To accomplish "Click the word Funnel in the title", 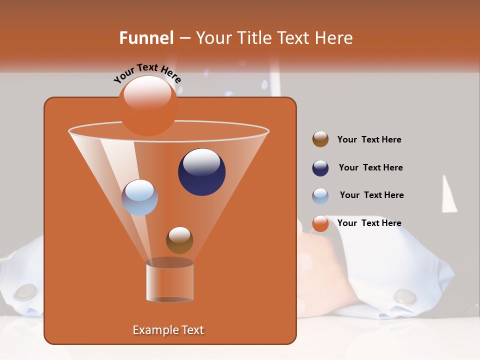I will click(x=146, y=38).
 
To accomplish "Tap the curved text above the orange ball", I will click(x=147, y=72).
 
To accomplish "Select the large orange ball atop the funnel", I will click(x=147, y=105).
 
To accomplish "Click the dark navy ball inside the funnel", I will click(x=201, y=171).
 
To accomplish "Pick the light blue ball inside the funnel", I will click(x=139, y=197).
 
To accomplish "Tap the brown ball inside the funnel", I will click(x=179, y=240).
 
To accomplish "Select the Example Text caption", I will click(x=168, y=330).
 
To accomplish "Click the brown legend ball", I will click(x=320, y=139).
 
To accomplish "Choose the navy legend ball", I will click(x=320, y=168).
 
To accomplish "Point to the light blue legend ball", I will click(x=320, y=196).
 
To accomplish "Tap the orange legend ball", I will click(x=320, y=223).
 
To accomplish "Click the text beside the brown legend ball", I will click(x=369, y=139).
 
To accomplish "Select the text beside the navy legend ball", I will click(x=370, y=167).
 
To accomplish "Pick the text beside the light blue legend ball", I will click(x=371, y=195).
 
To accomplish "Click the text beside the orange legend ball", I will click(x=369, y=223).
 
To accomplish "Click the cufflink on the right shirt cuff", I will click(x=404, y=296).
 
